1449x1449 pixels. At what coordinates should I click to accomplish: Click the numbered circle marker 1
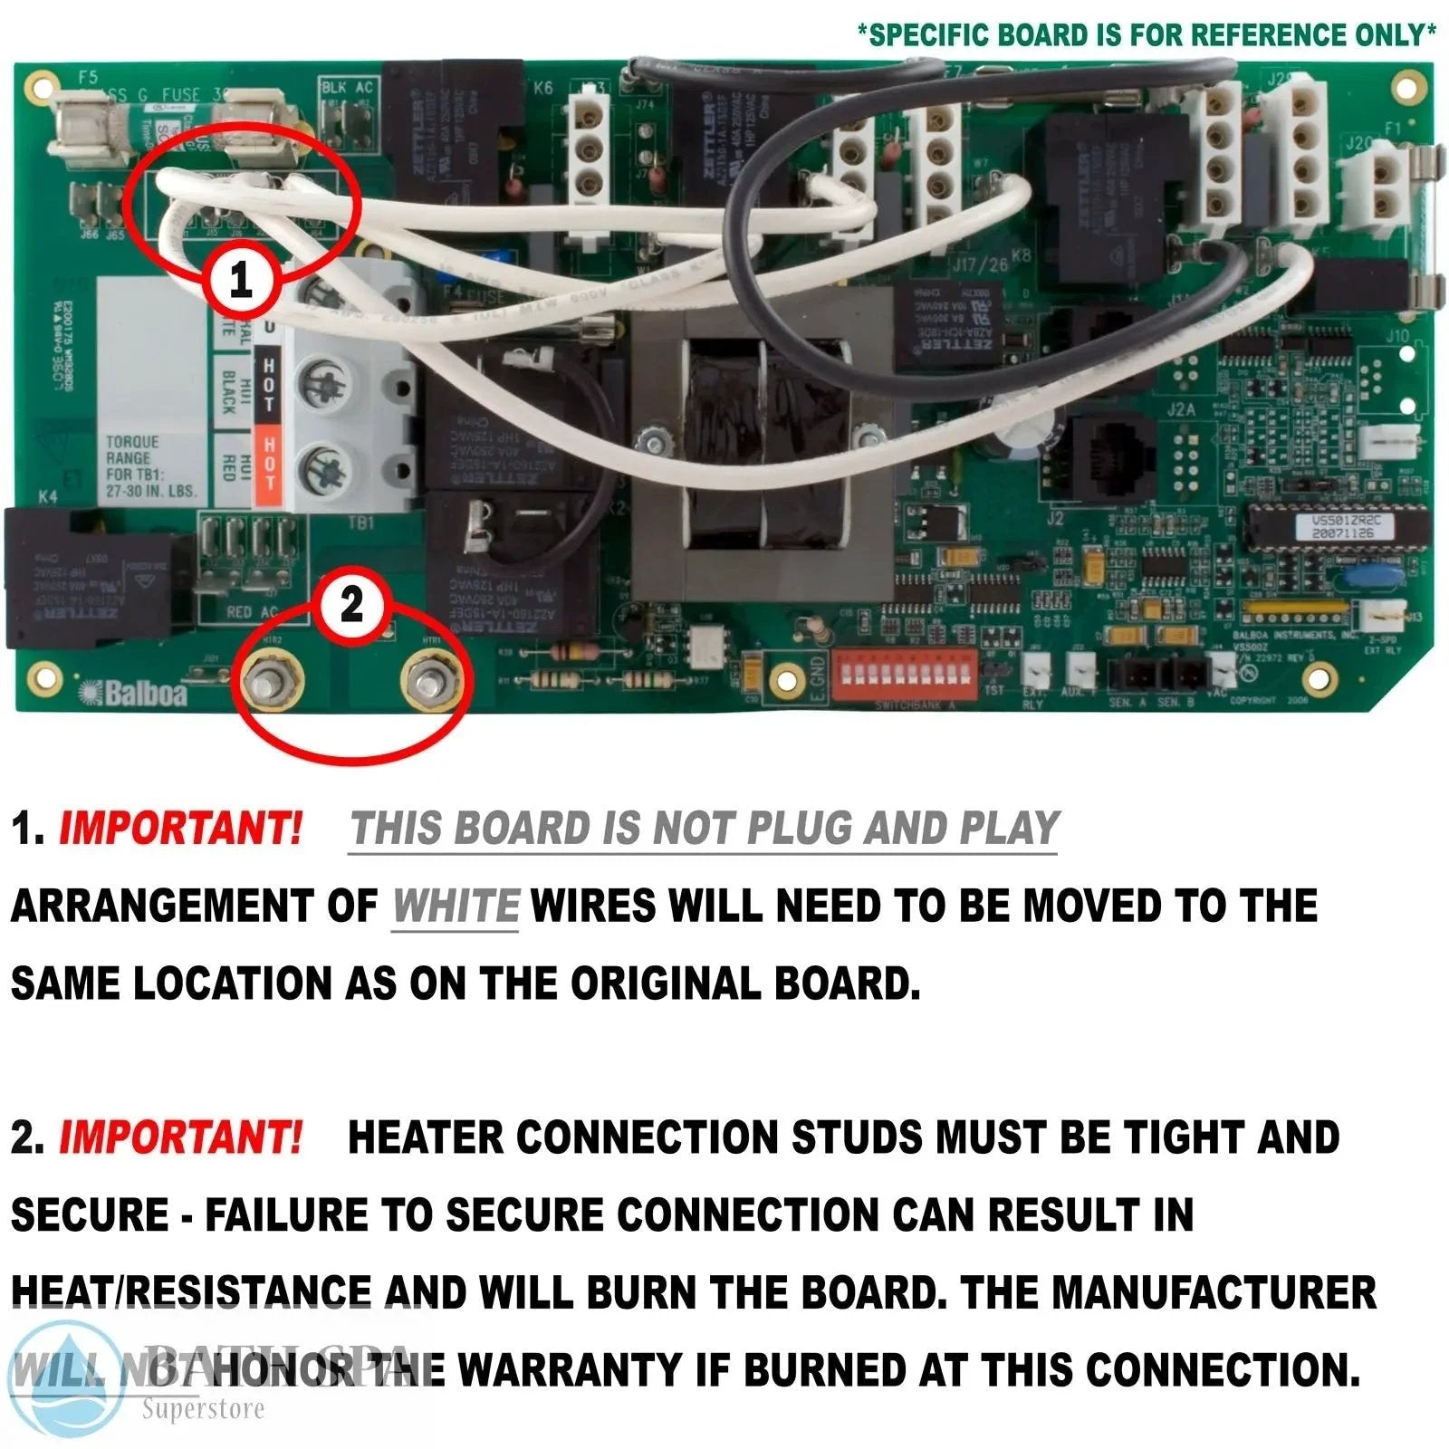click(x=240, y=280)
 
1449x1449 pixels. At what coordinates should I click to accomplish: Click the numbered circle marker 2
click(x=351, y=604)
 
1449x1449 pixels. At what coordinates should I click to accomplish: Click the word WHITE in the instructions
click(x=456, y=907)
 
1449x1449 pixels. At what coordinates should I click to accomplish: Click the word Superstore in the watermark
click(x=203, y=1409)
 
